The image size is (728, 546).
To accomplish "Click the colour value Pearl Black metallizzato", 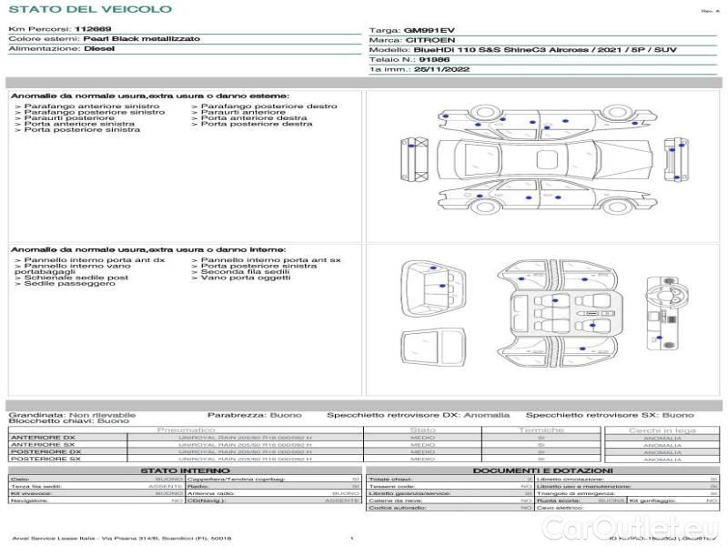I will coord(134,40).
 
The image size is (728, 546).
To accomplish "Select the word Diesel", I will coord(99,49).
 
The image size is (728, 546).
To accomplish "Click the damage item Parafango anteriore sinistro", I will coord(78,106).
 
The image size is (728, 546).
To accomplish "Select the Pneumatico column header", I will coord(186,430).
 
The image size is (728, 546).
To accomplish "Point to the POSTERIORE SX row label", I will coord(45,460).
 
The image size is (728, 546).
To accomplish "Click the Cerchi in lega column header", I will coord(662,430).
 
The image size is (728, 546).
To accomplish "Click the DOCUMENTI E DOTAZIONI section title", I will coord(540,470).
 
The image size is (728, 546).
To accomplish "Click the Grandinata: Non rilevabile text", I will coord(72,414).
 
